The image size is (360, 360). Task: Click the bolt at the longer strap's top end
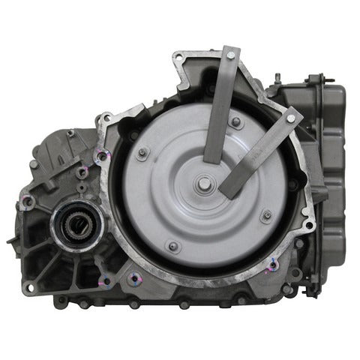[231, 52]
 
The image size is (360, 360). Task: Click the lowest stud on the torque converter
[174, 246]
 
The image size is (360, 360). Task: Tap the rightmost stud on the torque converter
[268, 216]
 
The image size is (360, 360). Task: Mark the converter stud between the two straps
[237, 122]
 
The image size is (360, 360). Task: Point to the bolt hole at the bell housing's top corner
[180, 58]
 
